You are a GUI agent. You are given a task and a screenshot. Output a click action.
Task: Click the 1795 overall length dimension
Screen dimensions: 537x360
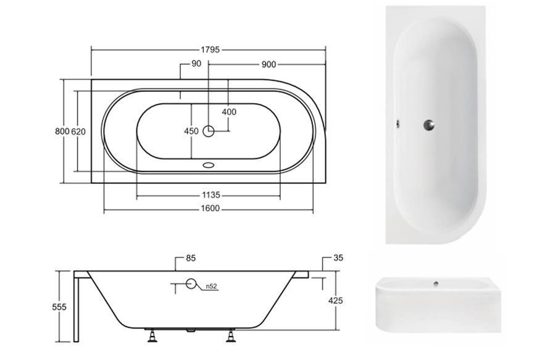tap(210, 49)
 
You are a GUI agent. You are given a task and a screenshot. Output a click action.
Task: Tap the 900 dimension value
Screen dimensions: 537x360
tap(268, 64)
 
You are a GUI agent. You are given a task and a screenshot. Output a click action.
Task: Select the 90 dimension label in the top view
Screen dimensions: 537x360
tap(196, 64)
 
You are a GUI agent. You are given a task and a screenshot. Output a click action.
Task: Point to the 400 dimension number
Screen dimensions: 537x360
tap(229, 112)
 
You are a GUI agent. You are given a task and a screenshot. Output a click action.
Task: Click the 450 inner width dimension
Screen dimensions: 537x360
tap(191, 131)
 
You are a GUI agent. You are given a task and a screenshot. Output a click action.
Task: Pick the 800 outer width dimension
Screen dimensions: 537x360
tap(62, 132)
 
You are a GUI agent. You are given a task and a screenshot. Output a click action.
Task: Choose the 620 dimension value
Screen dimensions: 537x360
tap(78, 132)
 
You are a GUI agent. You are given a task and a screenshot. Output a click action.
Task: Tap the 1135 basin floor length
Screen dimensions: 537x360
tap(210, 195)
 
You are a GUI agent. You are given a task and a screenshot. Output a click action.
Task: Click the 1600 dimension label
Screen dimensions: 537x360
tap(210, 209)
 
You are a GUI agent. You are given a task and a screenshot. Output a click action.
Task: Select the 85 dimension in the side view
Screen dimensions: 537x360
tap(191, 258)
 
